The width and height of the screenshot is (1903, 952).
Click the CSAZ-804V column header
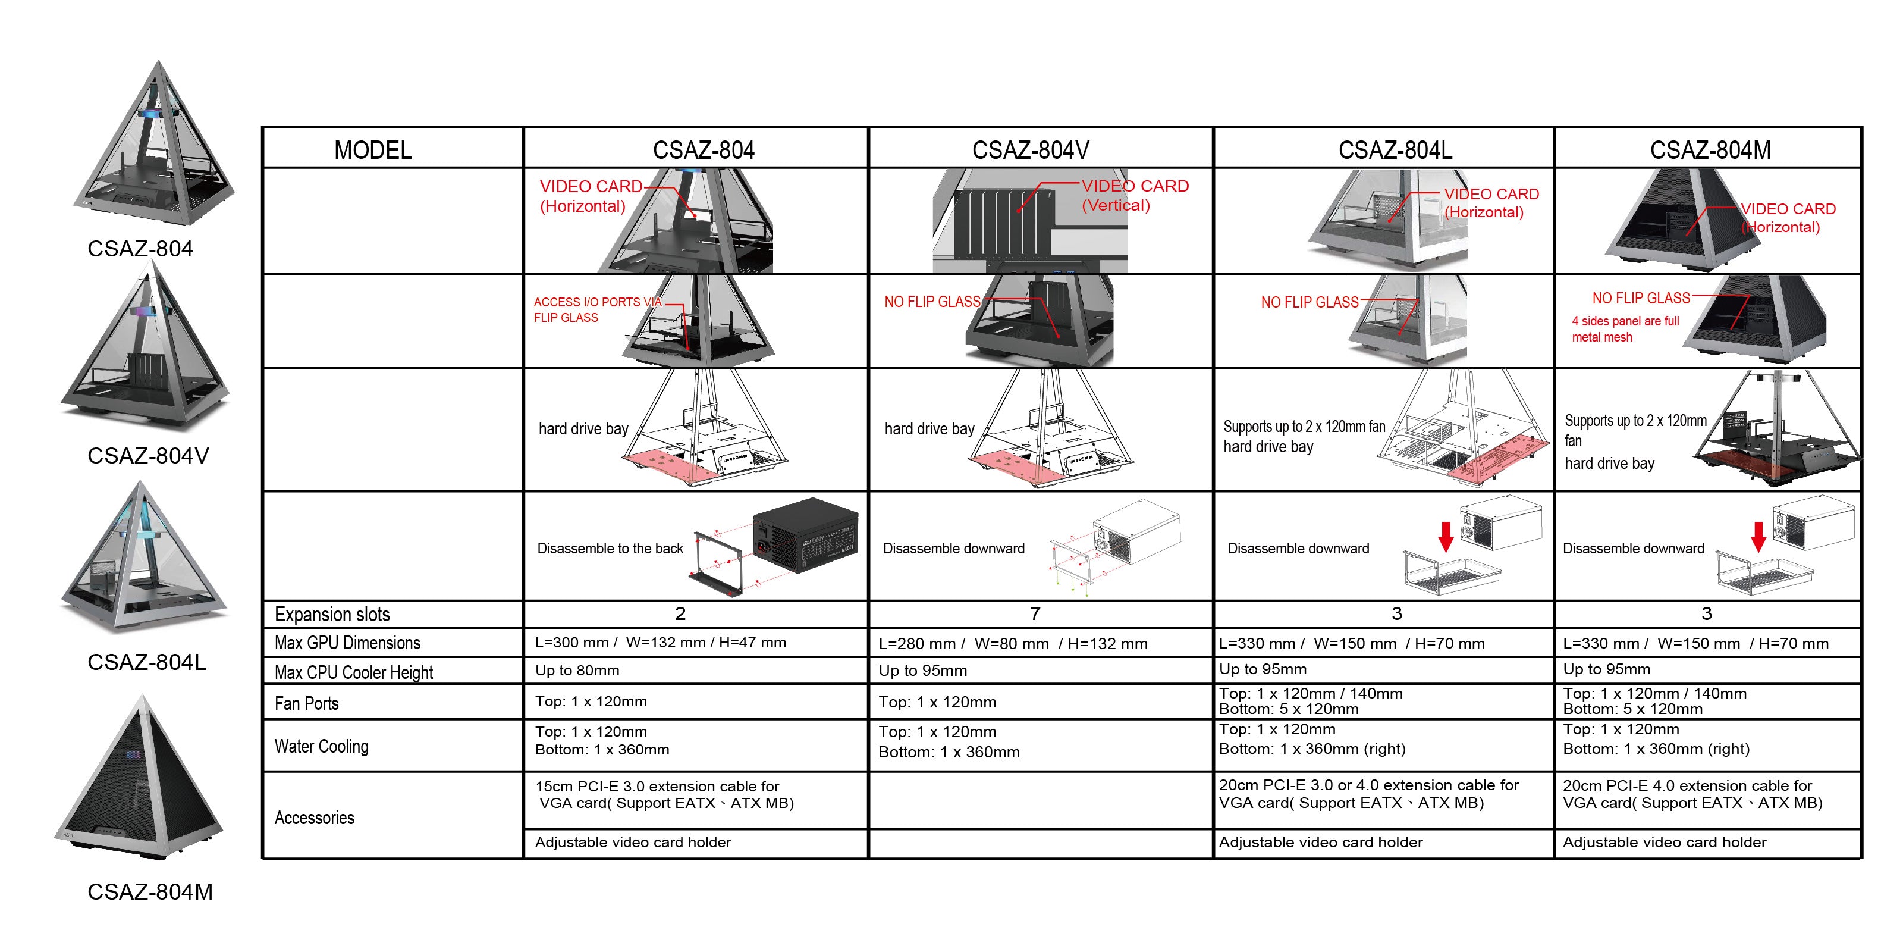1030,150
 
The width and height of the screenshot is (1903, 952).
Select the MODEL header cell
372,150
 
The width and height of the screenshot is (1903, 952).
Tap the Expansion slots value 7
1035,613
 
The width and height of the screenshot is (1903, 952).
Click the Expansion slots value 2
680,613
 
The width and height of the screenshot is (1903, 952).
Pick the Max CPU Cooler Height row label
353,672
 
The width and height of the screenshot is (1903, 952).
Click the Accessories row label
314,818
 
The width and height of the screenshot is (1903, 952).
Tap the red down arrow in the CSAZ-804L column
1446,536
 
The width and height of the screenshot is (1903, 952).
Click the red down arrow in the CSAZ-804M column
1758,536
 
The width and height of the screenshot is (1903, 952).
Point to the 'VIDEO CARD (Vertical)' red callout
1134,196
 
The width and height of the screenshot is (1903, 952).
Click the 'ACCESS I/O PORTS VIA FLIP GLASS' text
597,309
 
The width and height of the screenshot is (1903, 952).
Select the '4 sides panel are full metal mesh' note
1625,329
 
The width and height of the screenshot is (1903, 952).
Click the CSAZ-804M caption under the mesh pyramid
150,891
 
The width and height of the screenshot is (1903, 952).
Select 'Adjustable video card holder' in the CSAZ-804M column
1664,842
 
